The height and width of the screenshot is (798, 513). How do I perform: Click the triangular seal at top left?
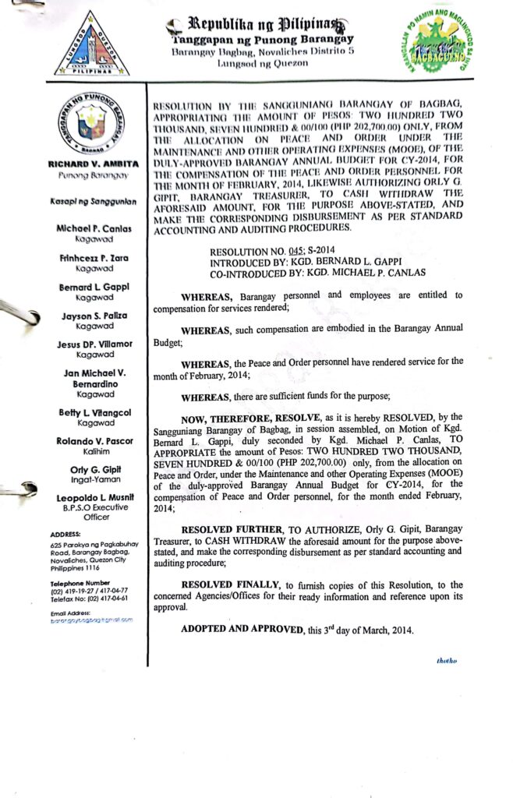[92, 45]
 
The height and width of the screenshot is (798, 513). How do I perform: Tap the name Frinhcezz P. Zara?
[94, 257]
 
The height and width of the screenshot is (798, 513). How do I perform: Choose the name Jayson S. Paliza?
[94, 316]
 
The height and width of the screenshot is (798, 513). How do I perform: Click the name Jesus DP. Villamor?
[94, 344]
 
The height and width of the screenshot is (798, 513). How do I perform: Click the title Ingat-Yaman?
[94, 480]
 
